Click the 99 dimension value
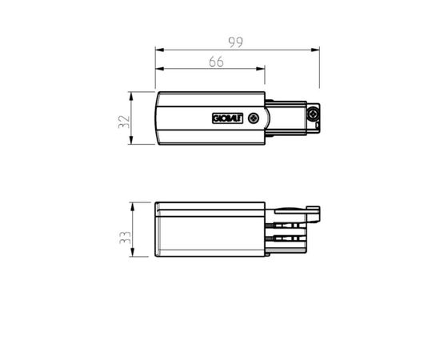pos(237,40)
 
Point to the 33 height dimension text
pos(122,230)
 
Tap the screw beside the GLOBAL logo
pos(254,118)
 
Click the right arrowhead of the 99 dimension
pos(316,50)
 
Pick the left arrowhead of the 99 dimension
pos(158,50)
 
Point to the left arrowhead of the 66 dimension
pos(158,70)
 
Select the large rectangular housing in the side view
pos(210,230)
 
